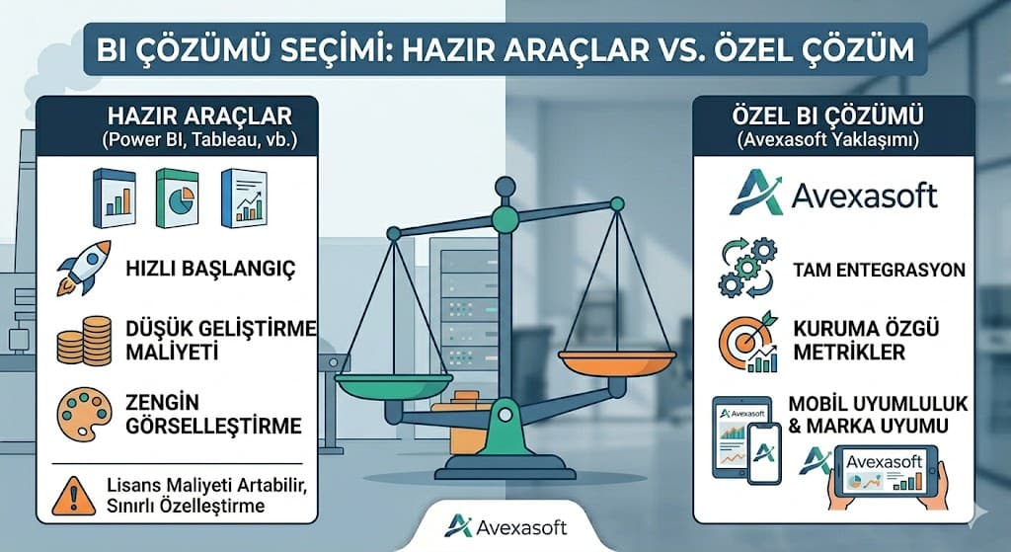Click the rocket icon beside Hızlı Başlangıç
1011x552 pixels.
[84, 268]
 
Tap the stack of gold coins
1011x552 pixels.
[84, 340]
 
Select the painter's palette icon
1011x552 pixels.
[84, 414]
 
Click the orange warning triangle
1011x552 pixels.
[73, 496]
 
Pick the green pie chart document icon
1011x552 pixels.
[178, 197]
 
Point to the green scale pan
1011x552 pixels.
[393, 386]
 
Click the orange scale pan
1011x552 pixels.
[617, 362]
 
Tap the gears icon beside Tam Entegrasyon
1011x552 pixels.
[748, 267]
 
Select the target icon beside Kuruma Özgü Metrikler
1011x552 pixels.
[749, 342]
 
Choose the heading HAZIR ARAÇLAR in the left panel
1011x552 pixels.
[199, 117]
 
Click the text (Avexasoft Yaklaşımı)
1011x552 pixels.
[828, 139]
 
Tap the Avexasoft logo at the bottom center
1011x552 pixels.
[505, 527]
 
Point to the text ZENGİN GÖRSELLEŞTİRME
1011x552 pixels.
[213, 414]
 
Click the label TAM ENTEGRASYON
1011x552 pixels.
[880, 269]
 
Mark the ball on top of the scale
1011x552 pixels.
[505, 187]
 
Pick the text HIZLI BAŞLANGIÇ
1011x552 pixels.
[210, 269]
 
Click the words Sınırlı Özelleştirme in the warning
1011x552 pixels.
[186, 505]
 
